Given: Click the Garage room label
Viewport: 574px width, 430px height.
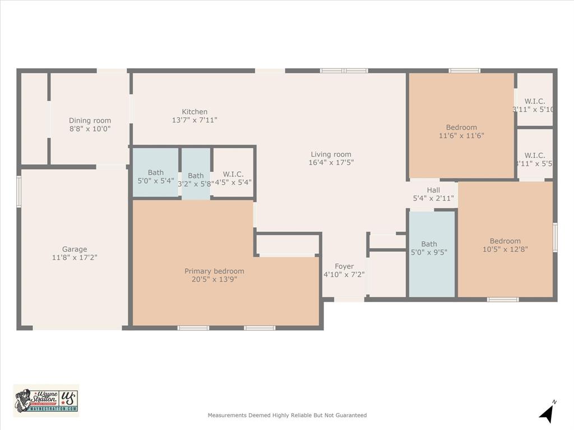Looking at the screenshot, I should pyautogui.click(x=75, y=249).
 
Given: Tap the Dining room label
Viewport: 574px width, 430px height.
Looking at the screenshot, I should pyautogui.click(x=90, y=120).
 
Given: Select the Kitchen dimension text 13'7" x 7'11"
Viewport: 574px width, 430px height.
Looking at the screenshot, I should pyautogui.click(x=195, y=120).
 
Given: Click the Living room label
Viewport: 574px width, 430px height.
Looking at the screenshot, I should pyautogui.click(x=331, y=155).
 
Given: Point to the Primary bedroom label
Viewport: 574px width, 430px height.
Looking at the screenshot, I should pyautogui.click(x=214, y=271).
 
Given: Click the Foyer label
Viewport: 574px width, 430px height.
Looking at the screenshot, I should pyautogui.click(x=344, y=267).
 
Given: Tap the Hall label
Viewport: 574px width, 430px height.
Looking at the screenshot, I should pyautogui.click(x=433, y=190).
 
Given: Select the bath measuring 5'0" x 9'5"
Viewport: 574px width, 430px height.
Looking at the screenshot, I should pyautogui.click(x=429, y=247).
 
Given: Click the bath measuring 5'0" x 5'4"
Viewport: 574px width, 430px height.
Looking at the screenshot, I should pyautogui.click(x=155, y=176).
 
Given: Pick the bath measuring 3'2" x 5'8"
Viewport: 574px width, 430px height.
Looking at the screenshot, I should pyautogui.click(x=196, y=179).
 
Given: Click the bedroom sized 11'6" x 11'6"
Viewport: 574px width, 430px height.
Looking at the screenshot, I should pyautogui.click(x=461, y=131).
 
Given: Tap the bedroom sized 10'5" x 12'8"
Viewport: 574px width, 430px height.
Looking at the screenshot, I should pyautogui.click(x=504, y=245).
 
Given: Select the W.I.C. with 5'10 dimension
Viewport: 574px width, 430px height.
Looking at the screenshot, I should pyautogui.click(x=534, y=105).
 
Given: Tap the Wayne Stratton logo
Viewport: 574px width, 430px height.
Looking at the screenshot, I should pyautogui.click(x=46, y=400).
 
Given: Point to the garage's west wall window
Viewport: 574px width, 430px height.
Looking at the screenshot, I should pyautogui.click(x=18, y=191).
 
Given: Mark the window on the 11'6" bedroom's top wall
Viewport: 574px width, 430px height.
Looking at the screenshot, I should pyautogui.click(x=464, y=71).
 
